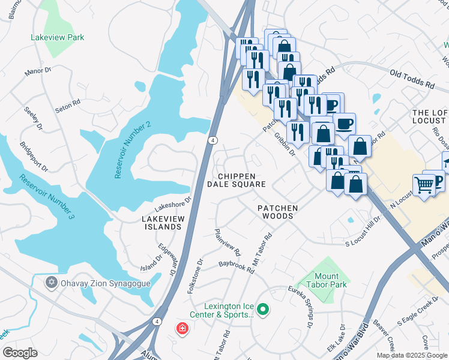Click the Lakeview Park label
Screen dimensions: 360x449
coord(58,37)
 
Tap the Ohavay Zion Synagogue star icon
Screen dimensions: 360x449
coord(52,281)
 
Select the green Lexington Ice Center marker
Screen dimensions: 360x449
coord(262,310)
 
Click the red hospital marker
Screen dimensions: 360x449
coord(181,329)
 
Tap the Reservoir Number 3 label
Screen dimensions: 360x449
coord(46,196)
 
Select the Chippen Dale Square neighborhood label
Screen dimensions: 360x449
coord(236,180)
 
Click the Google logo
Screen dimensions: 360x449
coord(20,353)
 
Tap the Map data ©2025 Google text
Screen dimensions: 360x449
coord(412,355)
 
